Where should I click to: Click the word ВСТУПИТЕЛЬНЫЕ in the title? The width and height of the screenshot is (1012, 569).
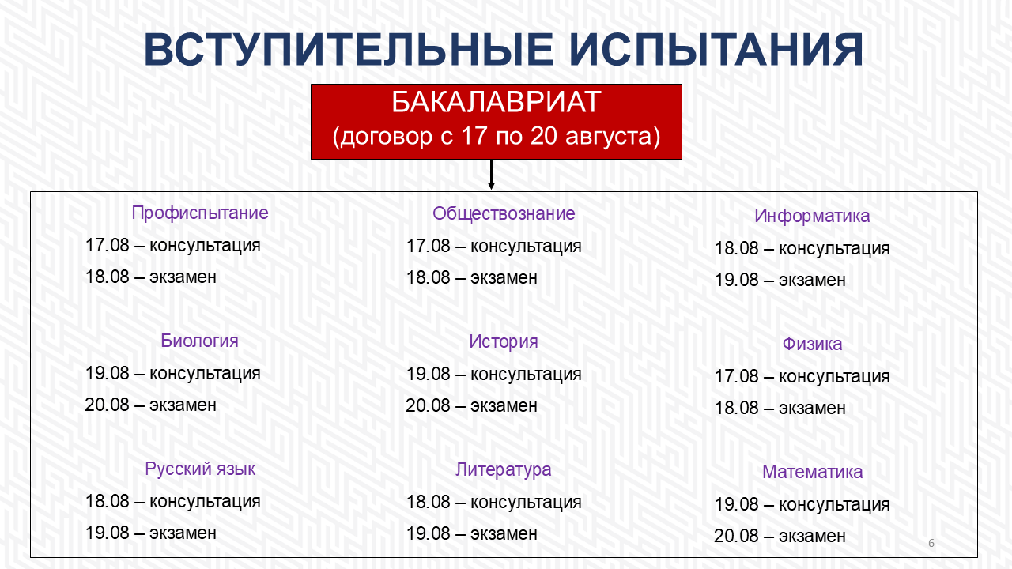click(x=349, y=50)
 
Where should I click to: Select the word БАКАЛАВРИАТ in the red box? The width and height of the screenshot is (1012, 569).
click(x=496, y=102)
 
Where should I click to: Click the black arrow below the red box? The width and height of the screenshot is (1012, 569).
click(x=491, y=175)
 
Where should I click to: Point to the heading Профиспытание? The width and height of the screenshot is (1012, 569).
click(x=200, y=213)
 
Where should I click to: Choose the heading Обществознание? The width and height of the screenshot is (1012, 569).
click(x=504, y=213)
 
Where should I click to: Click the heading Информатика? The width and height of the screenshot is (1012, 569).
click(x=812, y=216)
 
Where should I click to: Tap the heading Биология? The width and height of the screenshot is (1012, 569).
click(x=199, y=341)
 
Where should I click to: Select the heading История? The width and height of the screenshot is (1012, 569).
click(x=504, y=342)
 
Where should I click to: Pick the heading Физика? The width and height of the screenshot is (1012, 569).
click(x=812, y=344)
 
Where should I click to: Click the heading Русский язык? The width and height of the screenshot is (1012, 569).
click(x=200, y=469)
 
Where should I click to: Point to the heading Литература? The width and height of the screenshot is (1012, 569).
click(x=504, y=470)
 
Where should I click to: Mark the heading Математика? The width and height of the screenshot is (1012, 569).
click(x=812, y=473)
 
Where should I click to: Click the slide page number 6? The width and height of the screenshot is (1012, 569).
click(x=931, y=543)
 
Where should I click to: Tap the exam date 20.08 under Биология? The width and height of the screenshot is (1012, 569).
click(x=107, y=405)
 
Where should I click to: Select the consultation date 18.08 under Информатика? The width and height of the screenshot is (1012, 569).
click(x=736, y=248)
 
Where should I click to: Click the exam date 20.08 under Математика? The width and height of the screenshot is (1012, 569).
click(x=736, y=537)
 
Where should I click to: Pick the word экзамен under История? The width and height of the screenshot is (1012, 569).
click(x=504, y=406)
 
